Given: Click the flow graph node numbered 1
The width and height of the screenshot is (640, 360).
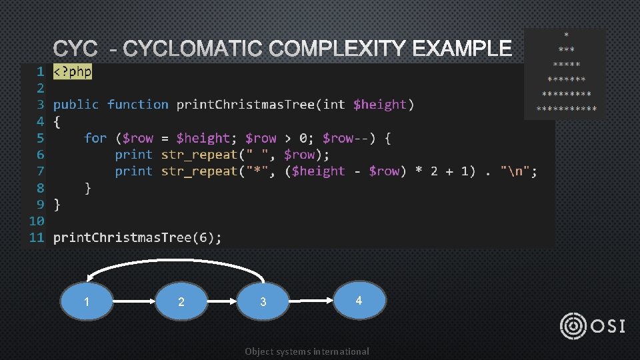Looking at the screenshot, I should click(x=87, y=302).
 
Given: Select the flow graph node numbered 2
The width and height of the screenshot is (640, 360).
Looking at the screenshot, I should click(x=181, y=302).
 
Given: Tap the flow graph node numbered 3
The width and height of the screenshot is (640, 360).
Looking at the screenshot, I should click(x=263, y=302).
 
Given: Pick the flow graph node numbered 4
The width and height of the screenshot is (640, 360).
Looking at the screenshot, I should click(x=359, y=301).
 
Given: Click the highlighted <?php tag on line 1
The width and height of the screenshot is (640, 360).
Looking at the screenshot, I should click(x=73, y=71).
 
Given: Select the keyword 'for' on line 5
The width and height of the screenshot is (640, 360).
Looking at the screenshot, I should click(x=95, y=138).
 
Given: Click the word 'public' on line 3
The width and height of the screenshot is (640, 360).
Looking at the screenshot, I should click(x=76, y=105).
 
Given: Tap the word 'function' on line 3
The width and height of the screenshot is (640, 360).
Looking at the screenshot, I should click(x=138, y=105).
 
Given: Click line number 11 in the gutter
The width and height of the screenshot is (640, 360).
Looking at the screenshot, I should click(x=36, y=237).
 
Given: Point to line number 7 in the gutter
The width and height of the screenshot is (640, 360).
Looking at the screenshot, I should click(x=40, y=171).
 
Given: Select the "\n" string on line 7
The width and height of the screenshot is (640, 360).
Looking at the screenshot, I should click(x=518, y=171).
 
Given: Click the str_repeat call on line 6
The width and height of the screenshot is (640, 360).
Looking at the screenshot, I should click(x=199, y=155).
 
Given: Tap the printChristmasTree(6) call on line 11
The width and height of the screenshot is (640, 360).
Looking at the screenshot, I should click(x=137, y=237).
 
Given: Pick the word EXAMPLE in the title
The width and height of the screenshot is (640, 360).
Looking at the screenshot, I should click(x=462, y=49).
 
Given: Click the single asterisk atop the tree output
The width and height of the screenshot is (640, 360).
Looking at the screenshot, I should click(x=567, y=35).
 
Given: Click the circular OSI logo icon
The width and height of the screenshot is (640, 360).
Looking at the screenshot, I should click(x=574, y=326).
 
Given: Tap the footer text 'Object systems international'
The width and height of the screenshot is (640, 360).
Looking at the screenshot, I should click(x=307, y=351).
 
